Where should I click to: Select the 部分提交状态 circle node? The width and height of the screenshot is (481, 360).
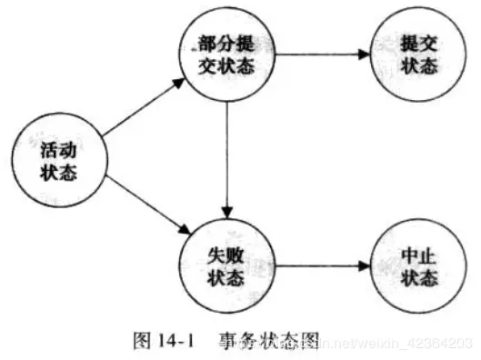[228, 55]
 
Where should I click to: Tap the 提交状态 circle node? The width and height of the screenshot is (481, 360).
[416, 55]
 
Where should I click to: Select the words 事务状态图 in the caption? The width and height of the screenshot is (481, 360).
[269, 341]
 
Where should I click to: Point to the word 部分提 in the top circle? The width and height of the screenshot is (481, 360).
[228, 44]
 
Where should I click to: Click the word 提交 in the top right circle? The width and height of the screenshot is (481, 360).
[416, 44]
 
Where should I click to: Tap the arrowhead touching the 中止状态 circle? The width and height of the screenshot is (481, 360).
[365, 266]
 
